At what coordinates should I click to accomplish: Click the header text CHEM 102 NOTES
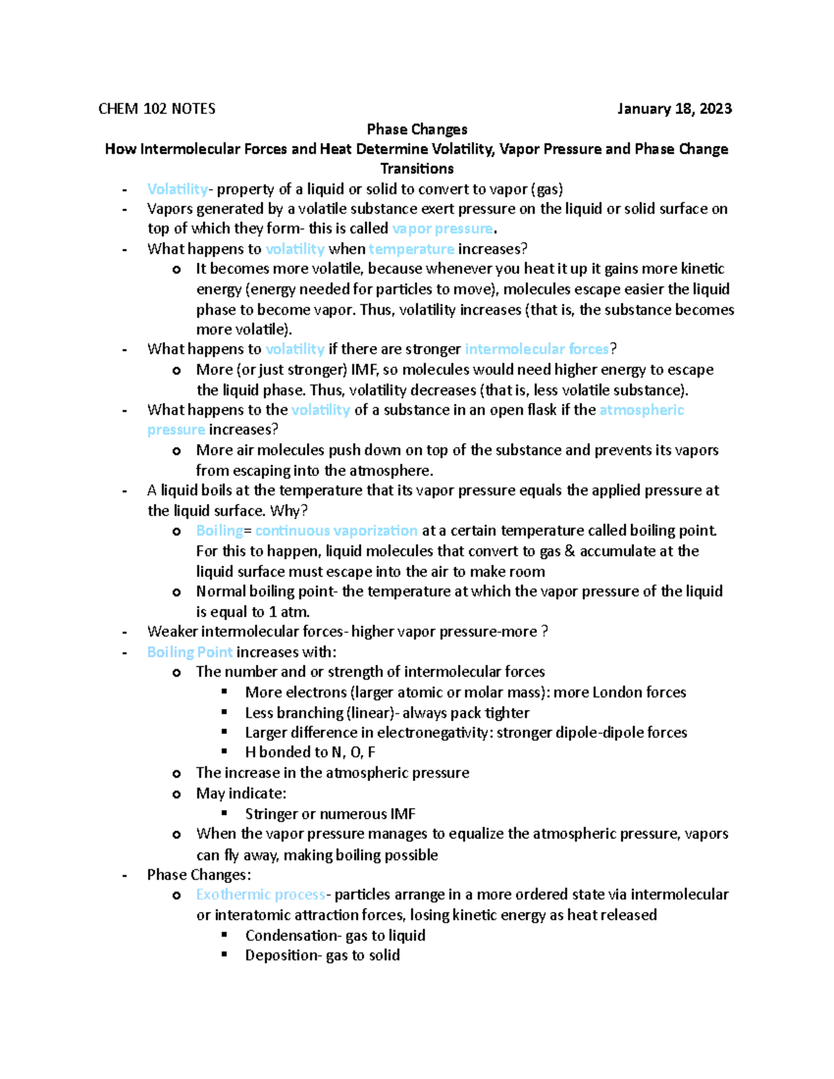coord(156,109)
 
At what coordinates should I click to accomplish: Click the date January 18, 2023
coord(674,109)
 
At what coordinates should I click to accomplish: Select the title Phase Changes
coord(417,129)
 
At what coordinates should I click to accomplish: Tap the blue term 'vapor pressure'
coord(442,229)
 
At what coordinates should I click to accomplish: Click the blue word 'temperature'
coord(411,249)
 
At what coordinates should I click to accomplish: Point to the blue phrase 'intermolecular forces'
coord(537,349)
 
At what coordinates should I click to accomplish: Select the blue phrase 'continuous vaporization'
coord(336,531)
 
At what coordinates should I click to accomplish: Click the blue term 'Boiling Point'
coord(190,652)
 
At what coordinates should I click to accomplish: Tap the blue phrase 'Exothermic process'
coord(261,895)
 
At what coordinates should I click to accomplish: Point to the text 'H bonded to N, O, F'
coord(310,752)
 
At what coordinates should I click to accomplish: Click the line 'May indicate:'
coord(241,793)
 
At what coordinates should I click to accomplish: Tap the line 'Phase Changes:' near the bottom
coord(199,875)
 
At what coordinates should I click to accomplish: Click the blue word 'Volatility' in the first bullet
coord(177,189)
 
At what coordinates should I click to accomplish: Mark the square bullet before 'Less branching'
coord(224,712)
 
